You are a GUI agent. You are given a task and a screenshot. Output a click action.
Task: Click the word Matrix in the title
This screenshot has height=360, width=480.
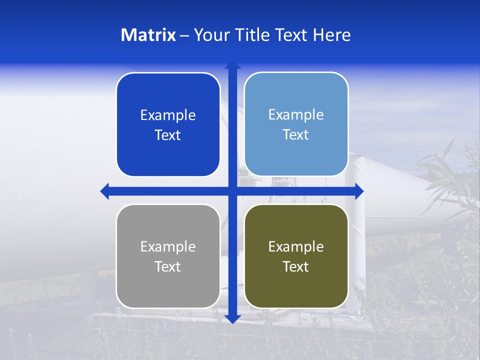[148, 35]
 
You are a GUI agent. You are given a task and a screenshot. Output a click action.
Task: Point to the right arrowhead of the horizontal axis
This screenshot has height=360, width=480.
[359, 191]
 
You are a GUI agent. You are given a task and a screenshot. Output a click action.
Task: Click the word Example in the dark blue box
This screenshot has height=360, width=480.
[168, 115]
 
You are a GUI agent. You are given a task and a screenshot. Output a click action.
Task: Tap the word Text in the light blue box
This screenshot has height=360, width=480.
[296, 134]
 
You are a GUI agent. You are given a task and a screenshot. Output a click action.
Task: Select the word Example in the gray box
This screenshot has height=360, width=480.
[168, 246]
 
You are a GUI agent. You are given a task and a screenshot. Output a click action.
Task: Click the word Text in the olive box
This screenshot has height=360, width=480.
[296, 266]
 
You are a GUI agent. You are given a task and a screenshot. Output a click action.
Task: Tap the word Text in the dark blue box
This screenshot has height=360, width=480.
[168, 135]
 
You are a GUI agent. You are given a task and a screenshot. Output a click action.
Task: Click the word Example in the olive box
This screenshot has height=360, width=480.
[296, 246]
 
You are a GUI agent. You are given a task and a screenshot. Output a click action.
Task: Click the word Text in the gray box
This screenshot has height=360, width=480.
[168, 266]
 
